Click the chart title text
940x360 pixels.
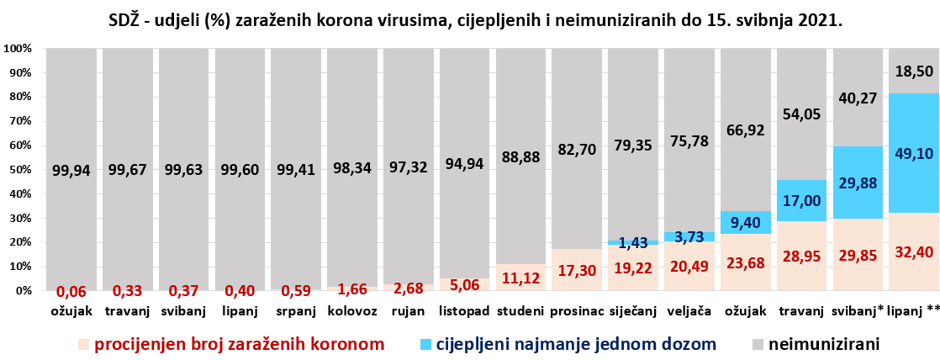point(476,19)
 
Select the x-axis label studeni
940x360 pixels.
point(520,313)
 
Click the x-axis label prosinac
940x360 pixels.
point(577,313)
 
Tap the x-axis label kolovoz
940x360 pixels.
point(352,313)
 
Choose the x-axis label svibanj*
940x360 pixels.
point(858,313)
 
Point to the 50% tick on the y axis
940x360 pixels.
point(18,170)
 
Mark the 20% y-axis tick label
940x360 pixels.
point(18,242)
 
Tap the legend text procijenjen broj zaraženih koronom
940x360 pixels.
point(240,343)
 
